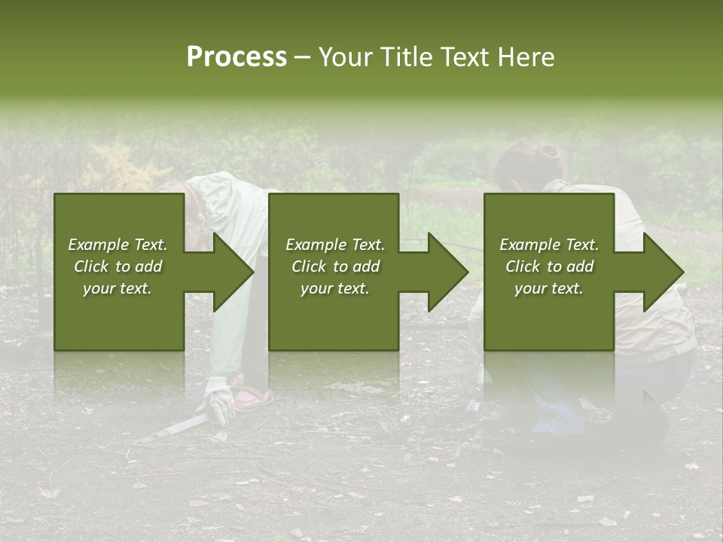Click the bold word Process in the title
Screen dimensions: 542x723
(236, 57)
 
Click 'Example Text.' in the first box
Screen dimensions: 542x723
(117, 245)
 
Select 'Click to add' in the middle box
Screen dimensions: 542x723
(336, 266)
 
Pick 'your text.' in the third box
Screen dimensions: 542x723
(548, 288)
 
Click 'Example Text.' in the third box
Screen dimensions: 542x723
(549, 245)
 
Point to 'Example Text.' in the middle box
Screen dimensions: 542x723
(335, 245)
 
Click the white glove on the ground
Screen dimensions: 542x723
(219, 398)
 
